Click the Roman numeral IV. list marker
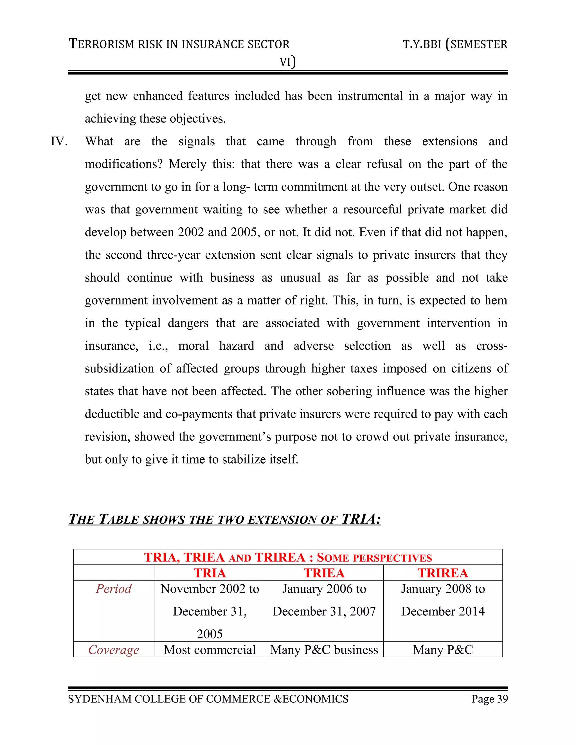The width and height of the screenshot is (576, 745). pos(59,141)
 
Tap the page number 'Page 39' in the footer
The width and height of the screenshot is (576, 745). pos(489,699)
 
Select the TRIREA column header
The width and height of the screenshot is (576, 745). pos(443,573)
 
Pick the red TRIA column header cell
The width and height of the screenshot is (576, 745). pos(210,573)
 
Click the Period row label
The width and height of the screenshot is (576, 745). pos(114,589)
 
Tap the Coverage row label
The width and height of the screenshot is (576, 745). pos(114,649)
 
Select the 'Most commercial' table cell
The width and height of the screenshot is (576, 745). pos(210,649)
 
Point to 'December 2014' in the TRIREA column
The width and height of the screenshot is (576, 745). pos(443,611)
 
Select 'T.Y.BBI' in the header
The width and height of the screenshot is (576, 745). pos(422,44)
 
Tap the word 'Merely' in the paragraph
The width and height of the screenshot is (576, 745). pos(187,164)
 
